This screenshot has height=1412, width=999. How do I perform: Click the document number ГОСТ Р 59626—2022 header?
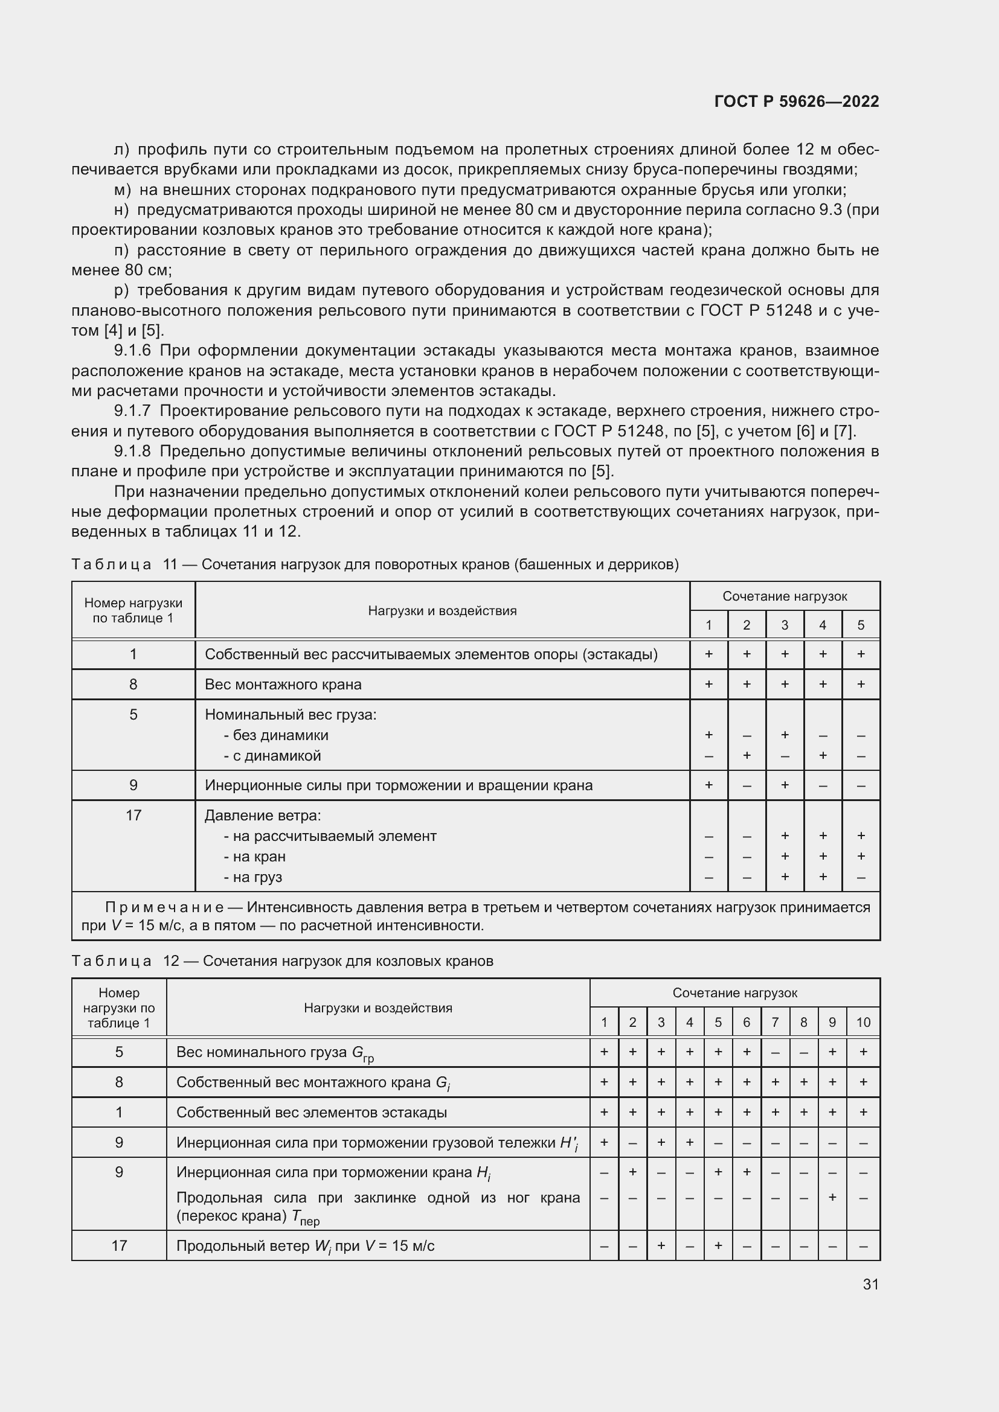797,101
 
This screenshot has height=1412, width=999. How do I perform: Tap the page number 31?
870,1284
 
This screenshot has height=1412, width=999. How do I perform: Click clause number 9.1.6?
132,351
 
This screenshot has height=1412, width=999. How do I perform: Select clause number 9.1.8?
132,452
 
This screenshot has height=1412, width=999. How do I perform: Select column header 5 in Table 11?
861,625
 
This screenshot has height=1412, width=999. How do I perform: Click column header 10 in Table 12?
863,1022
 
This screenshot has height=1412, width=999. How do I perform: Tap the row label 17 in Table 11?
133,816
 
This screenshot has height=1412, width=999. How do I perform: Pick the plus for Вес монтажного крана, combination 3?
785,684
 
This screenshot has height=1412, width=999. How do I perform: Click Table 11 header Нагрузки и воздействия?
442,611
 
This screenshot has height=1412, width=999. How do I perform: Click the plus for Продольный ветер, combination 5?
718,1245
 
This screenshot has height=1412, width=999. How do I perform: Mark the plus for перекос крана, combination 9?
832,1197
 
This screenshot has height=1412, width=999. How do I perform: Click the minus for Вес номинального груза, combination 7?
775,1052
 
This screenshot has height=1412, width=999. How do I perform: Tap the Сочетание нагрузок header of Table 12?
734,992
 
